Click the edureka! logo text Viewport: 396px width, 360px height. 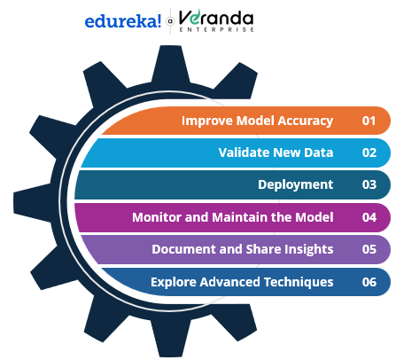[123, 21]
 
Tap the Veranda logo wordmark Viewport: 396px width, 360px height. [216, 18]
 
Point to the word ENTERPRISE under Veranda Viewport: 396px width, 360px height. [216, 29]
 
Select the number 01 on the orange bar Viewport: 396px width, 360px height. [369, 121]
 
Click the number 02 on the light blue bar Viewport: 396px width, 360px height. [369, 153]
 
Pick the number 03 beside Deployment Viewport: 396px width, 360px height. [369, 184]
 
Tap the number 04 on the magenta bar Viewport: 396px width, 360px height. [369, 217]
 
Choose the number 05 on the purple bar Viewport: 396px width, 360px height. [369, 249]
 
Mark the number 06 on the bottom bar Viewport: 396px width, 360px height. [369, 282]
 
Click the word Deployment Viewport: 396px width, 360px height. [296, 185]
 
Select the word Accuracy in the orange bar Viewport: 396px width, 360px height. [306, 121]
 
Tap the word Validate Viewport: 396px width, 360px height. [244, 153]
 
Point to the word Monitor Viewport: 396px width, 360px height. [157, 217]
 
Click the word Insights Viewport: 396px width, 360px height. [308, 250]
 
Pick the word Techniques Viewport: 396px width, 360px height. [299, 282]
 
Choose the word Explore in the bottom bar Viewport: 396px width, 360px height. [174, 283]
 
